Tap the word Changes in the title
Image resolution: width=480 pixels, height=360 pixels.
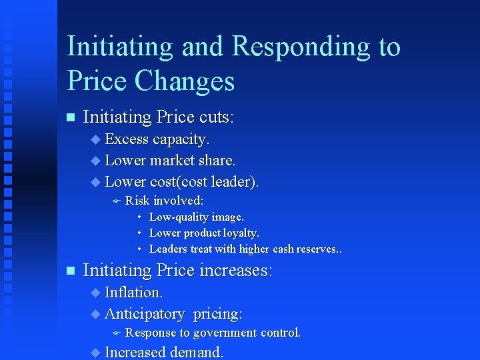185,81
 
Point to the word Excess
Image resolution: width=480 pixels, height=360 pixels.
127,139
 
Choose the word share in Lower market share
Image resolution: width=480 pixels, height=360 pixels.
217,161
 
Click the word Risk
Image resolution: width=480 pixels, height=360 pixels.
137,201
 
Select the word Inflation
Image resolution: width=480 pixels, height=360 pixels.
133,293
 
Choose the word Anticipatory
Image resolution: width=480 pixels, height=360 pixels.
145,313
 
